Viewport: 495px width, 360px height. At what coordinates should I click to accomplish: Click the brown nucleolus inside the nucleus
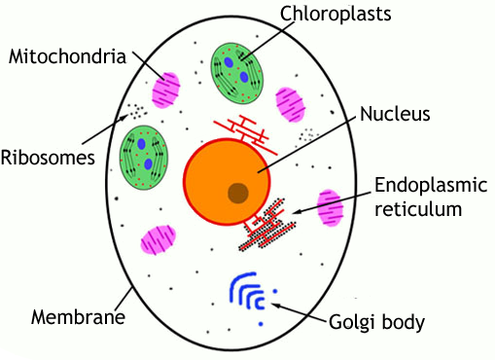tap(238, 192)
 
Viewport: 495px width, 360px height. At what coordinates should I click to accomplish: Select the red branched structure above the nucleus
tap(244, 130)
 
